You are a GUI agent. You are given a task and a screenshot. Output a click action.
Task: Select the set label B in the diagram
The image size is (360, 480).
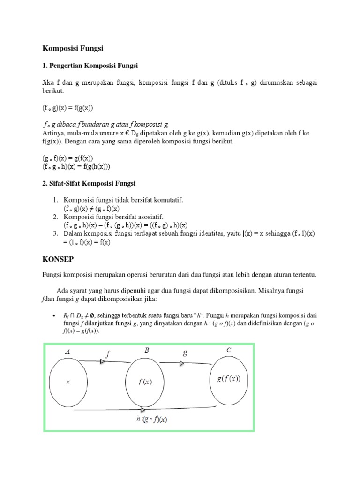[147, 350]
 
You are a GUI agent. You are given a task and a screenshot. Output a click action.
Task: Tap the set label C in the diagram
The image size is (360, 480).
[229, 350]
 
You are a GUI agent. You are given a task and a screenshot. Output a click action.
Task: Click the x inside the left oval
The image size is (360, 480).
[68, 382]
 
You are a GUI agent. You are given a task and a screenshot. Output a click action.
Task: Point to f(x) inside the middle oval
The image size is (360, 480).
[145, 382]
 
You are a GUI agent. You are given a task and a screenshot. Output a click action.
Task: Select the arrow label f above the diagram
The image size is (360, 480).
[108, 354]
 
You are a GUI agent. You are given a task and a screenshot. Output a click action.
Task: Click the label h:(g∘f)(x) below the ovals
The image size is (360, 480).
[152, 420]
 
